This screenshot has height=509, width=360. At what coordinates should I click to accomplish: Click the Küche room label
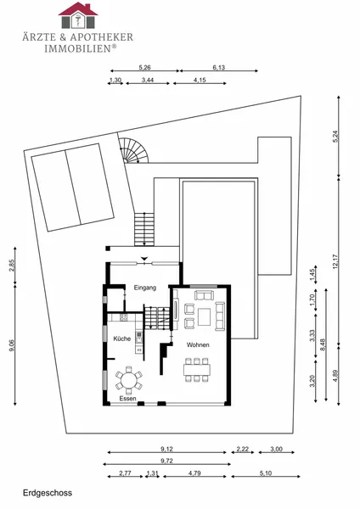click(x=122, y=338)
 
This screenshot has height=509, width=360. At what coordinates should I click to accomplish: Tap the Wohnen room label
click(x=198, y=344)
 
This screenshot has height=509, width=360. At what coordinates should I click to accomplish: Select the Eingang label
click(x=145, y=288)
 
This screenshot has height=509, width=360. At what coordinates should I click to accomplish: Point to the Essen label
click(x=127, y=399)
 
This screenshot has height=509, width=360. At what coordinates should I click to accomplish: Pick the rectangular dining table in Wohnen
click(x=197, y=370)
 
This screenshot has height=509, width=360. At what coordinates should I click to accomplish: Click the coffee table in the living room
click(x=204, y=316)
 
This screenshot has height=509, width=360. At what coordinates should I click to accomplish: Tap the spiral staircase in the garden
click(x=133, y=151)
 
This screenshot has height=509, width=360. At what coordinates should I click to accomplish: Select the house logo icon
click(x=78, y=15)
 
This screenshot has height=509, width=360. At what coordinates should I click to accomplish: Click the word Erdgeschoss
click(x=48, y=493)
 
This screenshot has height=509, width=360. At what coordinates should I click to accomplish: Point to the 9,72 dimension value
click(x=166, y=461)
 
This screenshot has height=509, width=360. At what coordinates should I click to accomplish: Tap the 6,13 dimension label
click(x=219, y=68)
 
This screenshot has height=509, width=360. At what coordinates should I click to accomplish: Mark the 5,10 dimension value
click(x=266, y=473)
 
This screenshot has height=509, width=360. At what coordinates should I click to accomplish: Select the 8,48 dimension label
click(x=323, y=344)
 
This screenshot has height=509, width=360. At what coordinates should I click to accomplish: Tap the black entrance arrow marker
click(x=144, y=259)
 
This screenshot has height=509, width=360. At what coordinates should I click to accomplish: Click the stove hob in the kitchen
click(x=123, y=317)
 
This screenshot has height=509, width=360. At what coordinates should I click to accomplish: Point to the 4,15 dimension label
click(x=200, y=80)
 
